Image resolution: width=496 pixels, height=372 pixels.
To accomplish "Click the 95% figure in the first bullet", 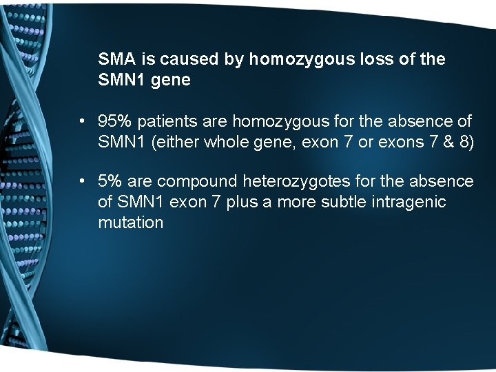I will [x=115, y=122].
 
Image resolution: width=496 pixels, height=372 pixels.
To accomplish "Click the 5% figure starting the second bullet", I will [x=110, y=181].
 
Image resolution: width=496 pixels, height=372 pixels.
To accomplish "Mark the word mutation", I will [x=131, y=223].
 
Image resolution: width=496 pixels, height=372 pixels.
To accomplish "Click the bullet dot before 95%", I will [x=81, y=123].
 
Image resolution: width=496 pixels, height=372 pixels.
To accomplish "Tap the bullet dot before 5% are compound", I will [x=81, y=182].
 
